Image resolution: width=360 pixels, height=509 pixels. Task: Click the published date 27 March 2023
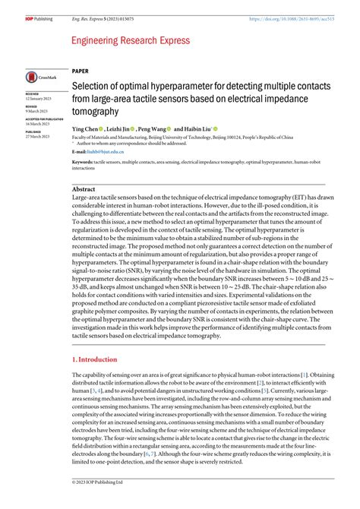coord(39,135)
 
